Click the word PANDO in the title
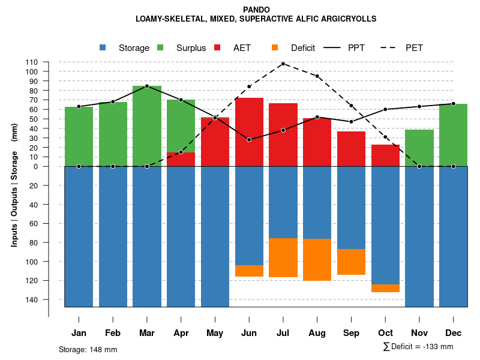tap(256, 10)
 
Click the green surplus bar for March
tap(147, 126)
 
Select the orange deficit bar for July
tap(283, 257)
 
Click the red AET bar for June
tap(249, 132)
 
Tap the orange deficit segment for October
tap(385, 288)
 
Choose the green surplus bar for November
tap(419, 148)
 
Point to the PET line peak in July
tap(283, 64)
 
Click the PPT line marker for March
tap(147, 86)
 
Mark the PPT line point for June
tap(249, 140)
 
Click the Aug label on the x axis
tap(317, 333)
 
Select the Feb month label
tap(113, 333)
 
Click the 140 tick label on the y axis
tap(32, 299)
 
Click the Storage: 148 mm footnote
tap(88, 349)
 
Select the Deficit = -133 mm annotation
tap(418, 347)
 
